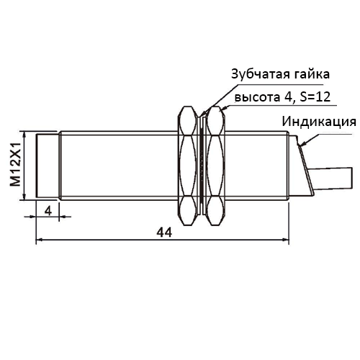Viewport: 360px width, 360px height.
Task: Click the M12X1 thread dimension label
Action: coord(15,166)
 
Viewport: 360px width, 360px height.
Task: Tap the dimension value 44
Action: coord(164,233)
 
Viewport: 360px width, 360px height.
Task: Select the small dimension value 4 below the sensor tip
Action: coord(48,211)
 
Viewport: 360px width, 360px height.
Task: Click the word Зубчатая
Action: coord(258,74)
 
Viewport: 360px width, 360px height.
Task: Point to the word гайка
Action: coord(310,74)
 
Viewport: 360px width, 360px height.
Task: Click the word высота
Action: coord(257,97)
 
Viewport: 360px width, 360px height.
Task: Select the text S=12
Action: coord(315,97)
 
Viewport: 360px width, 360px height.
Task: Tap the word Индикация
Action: coord(319,122)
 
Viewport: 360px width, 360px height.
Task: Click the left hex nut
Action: coord(187,166)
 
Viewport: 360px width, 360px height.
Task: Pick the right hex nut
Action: coord(216,166)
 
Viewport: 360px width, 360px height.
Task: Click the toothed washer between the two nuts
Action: coord(202,166)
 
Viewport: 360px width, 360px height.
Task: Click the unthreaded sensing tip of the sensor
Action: coord(48,166)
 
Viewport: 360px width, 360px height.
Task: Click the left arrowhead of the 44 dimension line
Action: coord(40,240)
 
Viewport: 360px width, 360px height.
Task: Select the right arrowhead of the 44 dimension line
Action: coord(286,240)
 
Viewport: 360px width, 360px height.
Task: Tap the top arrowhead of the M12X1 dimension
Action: coord(24,135)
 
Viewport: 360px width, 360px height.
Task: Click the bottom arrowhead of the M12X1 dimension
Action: coord(24,196)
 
